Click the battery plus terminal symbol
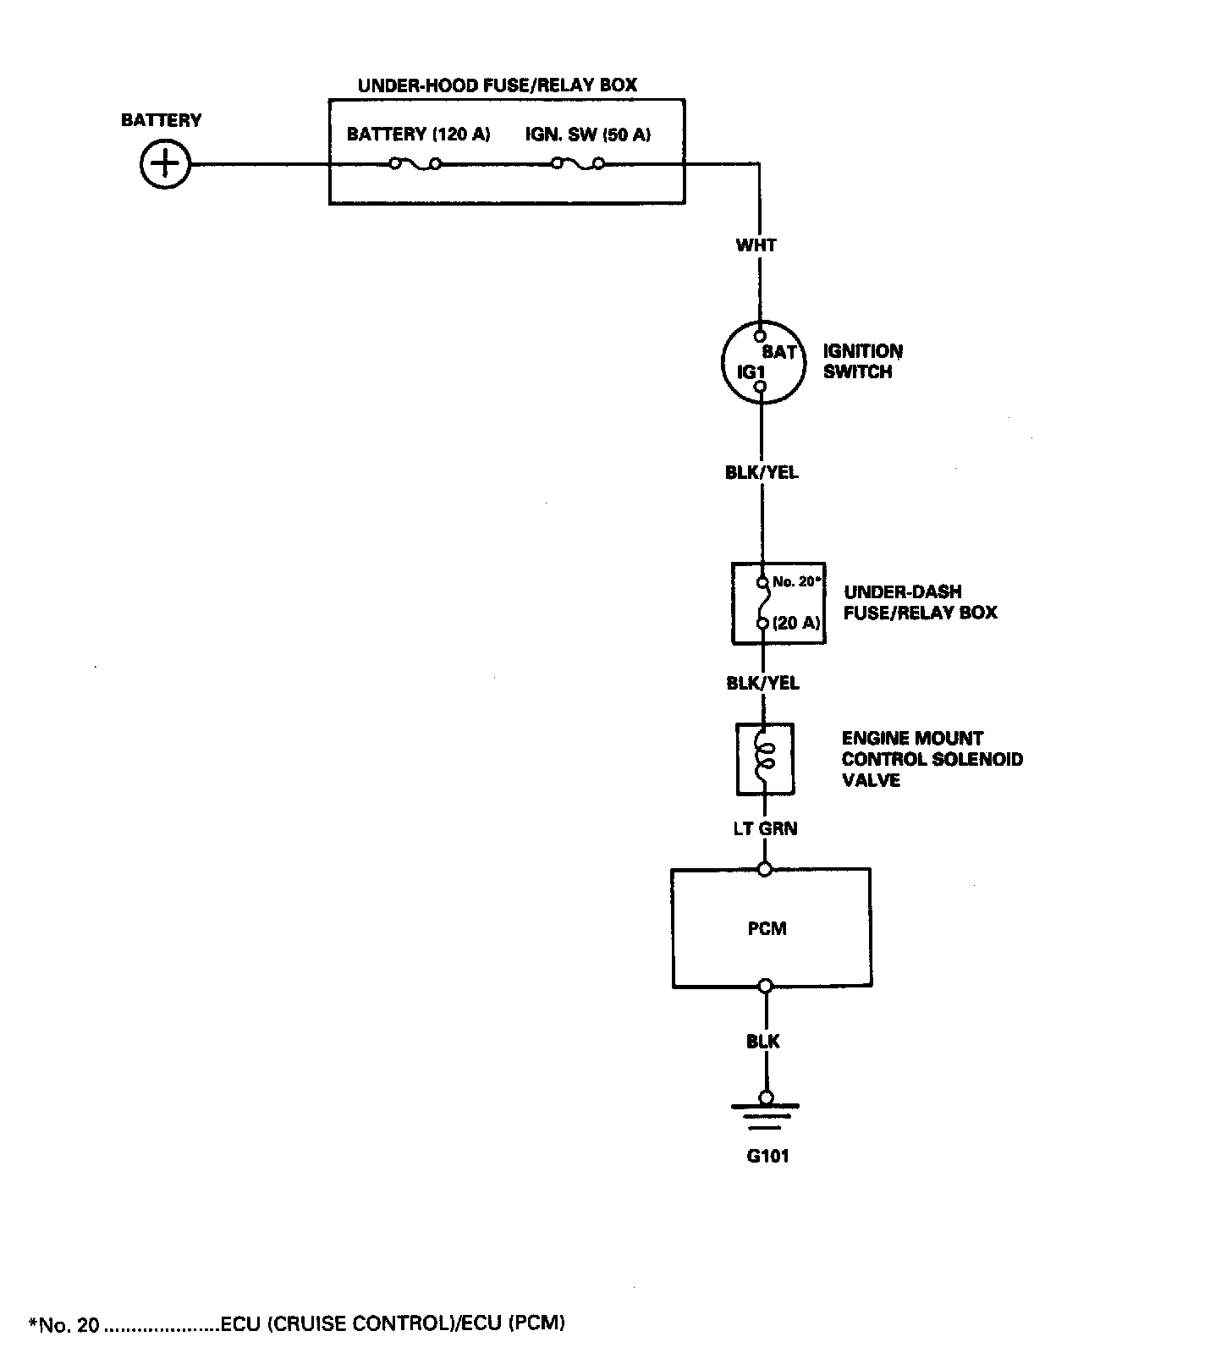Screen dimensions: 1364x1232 (165, 163)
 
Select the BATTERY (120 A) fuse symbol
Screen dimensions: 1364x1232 (415, 163)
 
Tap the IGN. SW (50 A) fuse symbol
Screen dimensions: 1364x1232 (578, 163)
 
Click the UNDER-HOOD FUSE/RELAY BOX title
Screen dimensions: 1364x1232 (498, 85)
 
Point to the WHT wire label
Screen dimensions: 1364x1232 (756, 245)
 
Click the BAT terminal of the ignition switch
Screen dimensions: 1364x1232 (761, 335)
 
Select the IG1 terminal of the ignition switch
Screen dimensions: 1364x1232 (761, 387)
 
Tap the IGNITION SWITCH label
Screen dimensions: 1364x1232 (862, 361)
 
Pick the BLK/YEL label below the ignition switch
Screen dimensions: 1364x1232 (762, 473)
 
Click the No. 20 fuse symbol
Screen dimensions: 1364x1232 (764, 602)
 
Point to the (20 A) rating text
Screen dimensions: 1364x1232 (796, 624)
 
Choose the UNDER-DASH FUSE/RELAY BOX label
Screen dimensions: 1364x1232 (920, 602)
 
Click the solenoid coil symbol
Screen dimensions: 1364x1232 (765, 759)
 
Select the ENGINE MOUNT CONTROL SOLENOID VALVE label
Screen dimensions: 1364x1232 (932, 759)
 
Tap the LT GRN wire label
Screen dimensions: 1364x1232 (765, 828)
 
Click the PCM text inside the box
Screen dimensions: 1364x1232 (767, 928)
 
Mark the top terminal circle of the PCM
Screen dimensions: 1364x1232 (765, 869)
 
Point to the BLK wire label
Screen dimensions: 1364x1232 (763, 1042)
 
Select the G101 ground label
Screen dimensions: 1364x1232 (767, 1156)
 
